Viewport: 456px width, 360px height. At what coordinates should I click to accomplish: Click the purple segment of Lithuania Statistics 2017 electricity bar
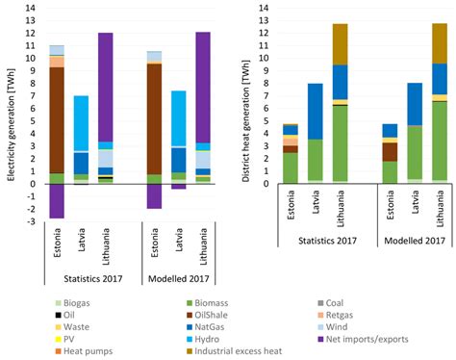coord(107,87)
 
